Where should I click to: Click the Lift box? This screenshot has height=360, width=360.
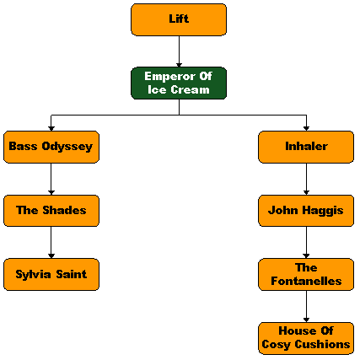tap(179, 19)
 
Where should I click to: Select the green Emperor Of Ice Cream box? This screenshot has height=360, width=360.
tap(179, 83)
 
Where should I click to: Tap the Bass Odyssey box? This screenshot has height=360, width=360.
tap(51, 147)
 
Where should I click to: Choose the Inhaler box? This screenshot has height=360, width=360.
tap(306, 147)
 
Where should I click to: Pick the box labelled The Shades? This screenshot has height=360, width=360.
tap(51, 211)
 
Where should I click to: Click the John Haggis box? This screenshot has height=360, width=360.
tap(306, 211)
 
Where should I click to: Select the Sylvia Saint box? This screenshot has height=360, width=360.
tap(51, 275)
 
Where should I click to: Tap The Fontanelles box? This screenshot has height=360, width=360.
tap(306, 275)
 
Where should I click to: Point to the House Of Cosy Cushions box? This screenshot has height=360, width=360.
tap(306, 338)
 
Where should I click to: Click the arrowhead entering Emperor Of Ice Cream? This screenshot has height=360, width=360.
tap(179, 65)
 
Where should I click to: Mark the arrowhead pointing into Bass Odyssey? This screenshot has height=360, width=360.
tap(51, 129)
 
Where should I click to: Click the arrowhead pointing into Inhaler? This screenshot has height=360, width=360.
tap(306, 129)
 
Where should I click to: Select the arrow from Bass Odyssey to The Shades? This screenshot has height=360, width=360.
tap(51, 179)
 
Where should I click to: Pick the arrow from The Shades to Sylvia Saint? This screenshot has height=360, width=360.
tap(51, 243)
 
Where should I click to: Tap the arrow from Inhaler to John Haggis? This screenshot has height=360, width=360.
tap(306, 179)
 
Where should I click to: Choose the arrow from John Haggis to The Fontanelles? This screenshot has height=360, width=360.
tap(306, 243)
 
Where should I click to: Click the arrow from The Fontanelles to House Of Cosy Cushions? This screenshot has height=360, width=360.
tap(306, 306)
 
